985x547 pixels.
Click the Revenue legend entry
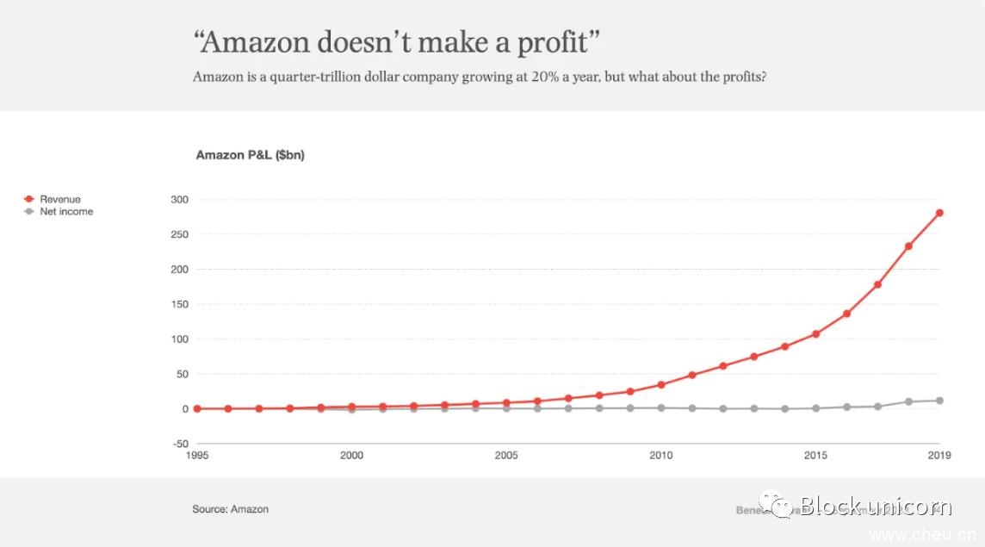(59, 199)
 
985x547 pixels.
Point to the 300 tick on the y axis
(179, 200)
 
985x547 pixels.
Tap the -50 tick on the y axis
(179, 444)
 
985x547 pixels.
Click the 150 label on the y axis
(179, 304)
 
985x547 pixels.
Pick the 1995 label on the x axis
(196, 455)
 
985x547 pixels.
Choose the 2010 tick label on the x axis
(661, 455)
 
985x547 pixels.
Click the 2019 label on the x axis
(939, 455)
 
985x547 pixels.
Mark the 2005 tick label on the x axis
(506, 455)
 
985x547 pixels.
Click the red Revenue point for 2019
(939, 213)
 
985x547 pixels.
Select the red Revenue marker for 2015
(815, 333)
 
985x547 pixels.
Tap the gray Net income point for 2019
(939, 401)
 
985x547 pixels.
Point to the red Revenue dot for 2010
(661, 384)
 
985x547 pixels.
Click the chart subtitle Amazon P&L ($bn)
(250, 155)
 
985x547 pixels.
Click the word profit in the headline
(550, 42)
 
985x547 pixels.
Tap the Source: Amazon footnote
(230, 509)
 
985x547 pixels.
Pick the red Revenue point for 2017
(877, 284)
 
